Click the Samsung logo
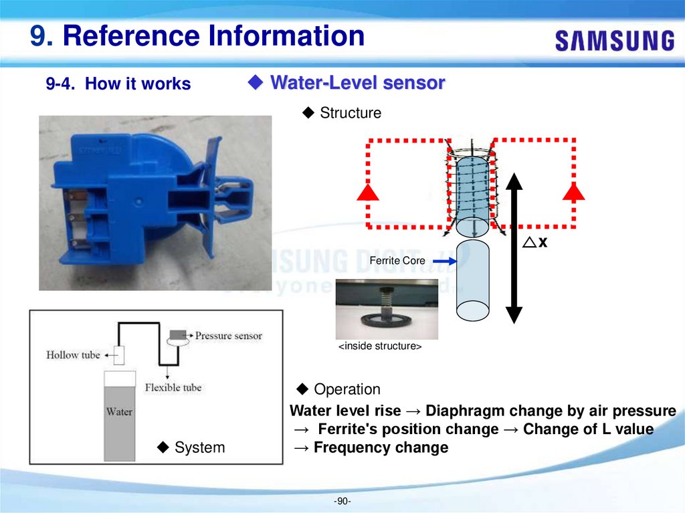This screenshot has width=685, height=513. pos(614,40)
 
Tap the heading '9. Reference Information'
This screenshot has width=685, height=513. pos(197,36)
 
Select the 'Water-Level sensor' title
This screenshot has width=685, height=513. pos(357,83)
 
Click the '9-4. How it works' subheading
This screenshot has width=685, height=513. pos(118,84)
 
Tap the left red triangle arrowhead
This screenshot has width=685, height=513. pos(369,192)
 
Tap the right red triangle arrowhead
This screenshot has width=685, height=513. pos(573,192)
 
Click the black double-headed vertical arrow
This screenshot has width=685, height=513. pos(513,247)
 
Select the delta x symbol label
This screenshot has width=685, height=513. pos(535,242)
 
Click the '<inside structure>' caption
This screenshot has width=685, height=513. pos(379,347)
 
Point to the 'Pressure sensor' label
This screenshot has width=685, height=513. pos(228,335)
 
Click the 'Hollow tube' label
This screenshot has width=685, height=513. pos(72,355)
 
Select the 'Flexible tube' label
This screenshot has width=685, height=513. pos(173,387)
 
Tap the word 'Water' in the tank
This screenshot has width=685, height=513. pos(119,412)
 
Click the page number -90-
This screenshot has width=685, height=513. pos(342,501)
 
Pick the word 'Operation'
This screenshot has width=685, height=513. pos(347,389)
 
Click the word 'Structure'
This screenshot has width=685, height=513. pos(350,113)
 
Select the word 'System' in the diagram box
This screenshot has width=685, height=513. pos(199,447)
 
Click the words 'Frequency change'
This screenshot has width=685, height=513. pos(381,447)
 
